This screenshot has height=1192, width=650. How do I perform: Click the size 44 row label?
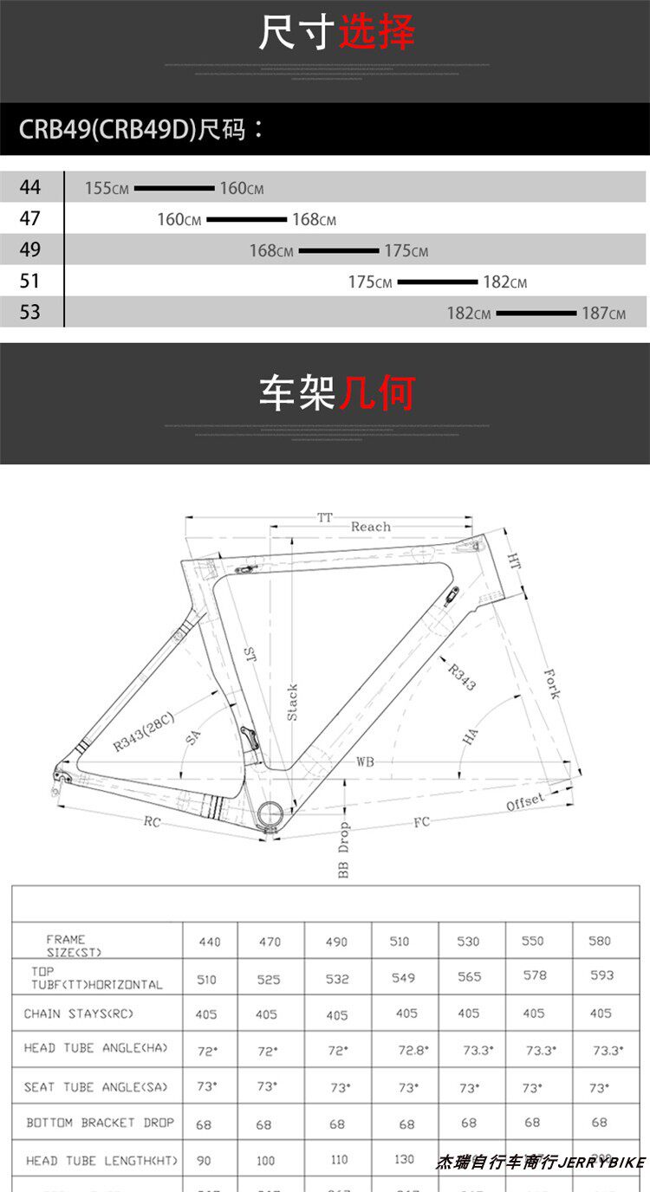(30, 187)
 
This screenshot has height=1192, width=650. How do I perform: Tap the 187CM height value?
(603, 313)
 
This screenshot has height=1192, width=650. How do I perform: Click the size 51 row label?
(30, 282)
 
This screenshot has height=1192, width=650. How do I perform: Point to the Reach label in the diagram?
(370, 527)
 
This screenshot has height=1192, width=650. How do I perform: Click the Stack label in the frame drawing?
(293, 702)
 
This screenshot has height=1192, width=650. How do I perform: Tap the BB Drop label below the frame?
(343, 850)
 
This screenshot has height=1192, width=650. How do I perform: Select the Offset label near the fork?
(525, 803)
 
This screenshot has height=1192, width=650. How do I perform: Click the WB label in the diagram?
(365, 762)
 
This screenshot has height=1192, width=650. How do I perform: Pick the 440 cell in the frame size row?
(210, 942)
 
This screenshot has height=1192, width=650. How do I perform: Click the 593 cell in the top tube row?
(601, 975)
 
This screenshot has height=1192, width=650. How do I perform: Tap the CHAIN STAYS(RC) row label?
(79, 1014)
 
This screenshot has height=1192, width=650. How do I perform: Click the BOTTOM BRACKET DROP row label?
(100, 1123)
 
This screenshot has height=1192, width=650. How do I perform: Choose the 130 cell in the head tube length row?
(405, 1160)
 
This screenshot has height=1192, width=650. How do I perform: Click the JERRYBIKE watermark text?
(602, 1163)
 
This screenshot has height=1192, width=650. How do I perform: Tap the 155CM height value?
(107, 188)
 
